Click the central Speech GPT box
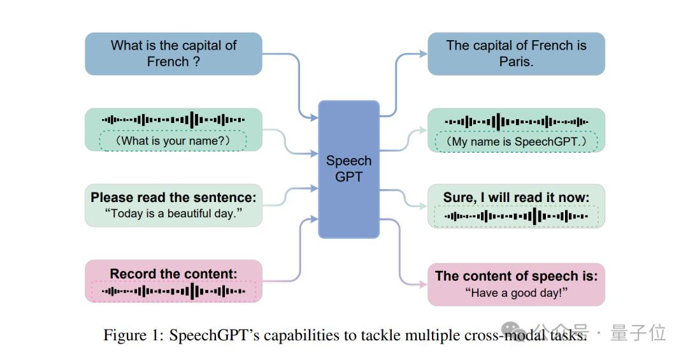click(x=348, y=169)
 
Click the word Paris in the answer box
click(x=516, y=62)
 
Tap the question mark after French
click(x=196, y=62)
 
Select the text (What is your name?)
click(x=173, y=140)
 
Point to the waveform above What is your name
click(x=173, y=119)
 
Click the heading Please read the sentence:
click(x=173, y=197)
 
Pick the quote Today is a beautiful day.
click(x=173, y=213)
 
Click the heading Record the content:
click(x=173, y=274)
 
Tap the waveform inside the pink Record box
click(x=173, y=291)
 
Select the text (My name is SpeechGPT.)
click(x=516, y=141)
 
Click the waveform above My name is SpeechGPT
click(x=516, y=121)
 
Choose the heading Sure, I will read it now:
click(x=516, y=198)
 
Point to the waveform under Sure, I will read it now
click(x=516, y=217)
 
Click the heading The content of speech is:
click(x=516, y=276)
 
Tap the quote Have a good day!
click(x=516, y=292)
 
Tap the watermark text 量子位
click(x=638, y=332)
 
